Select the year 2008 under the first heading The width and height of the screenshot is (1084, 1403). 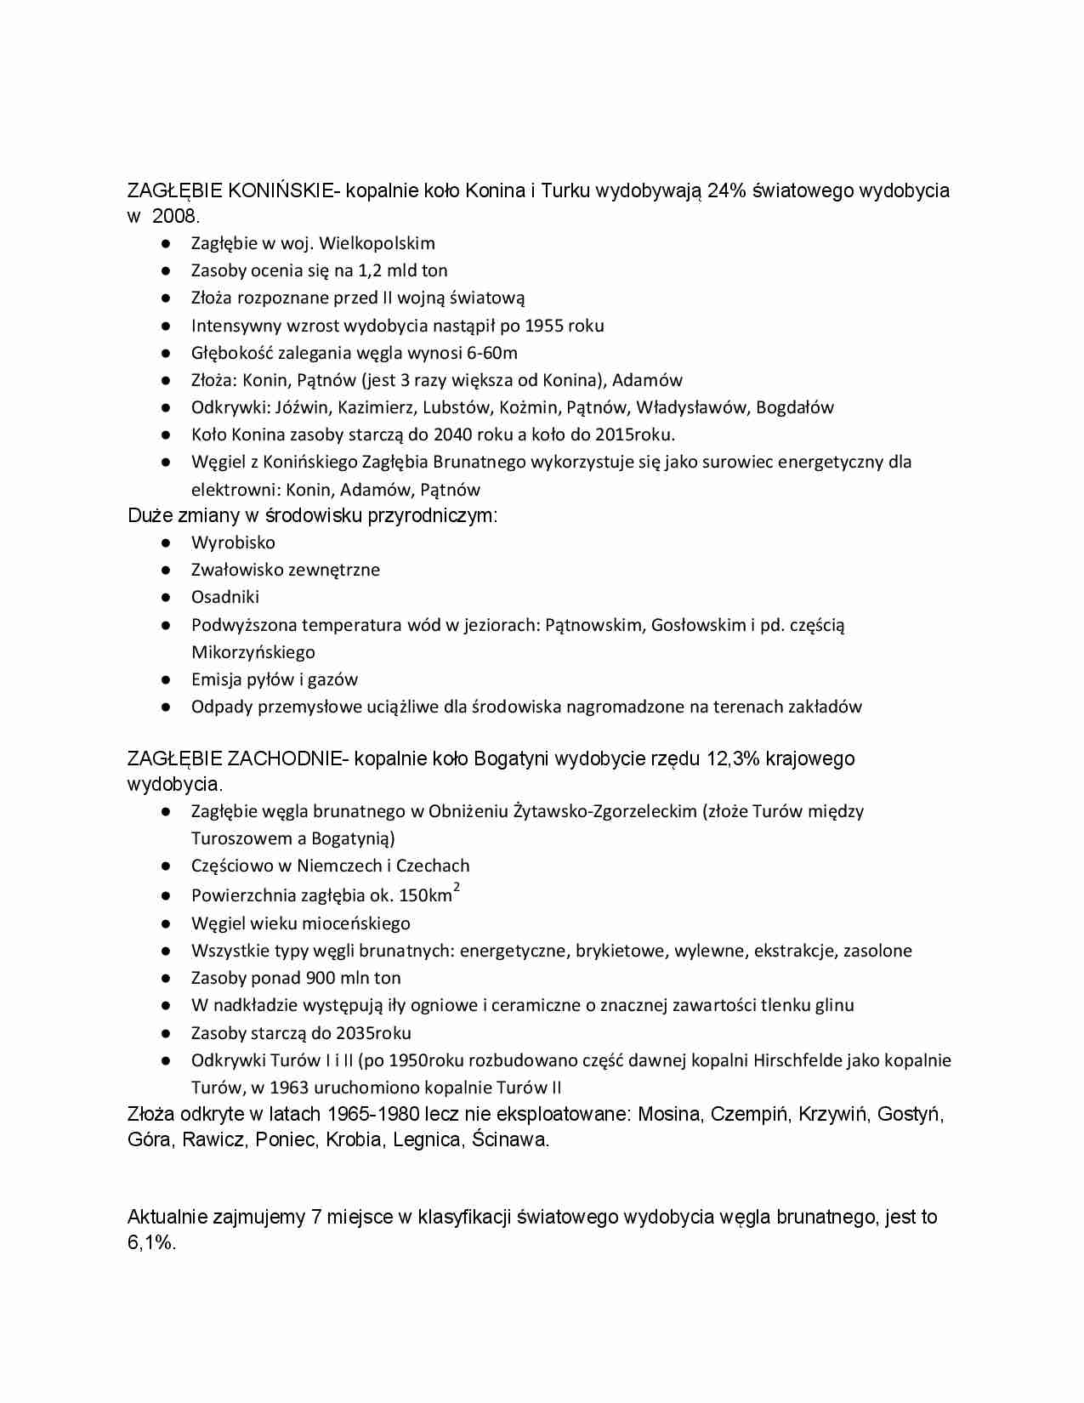175,216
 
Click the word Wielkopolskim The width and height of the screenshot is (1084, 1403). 377,243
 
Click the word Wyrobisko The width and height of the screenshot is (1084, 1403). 233,542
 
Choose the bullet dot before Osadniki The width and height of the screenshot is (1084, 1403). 167,597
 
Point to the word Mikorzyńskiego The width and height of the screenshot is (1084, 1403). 253,652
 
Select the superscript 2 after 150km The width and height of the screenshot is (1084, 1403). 457,888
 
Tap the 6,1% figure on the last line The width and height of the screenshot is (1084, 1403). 151,1242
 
